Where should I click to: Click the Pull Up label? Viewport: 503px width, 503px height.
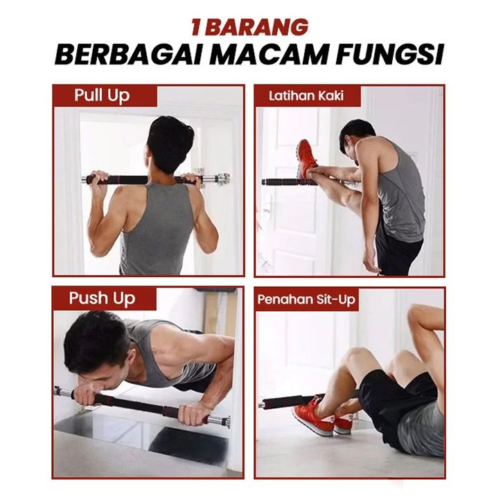click(102, 96)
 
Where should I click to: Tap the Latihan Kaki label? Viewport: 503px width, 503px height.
click(306, 96)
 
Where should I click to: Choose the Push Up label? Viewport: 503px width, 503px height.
click(102, 299)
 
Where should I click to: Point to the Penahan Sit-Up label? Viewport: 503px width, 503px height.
click(306, 299)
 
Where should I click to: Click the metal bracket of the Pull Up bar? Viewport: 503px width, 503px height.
click(222, 179)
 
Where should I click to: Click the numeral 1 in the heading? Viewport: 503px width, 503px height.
click(197, 27)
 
